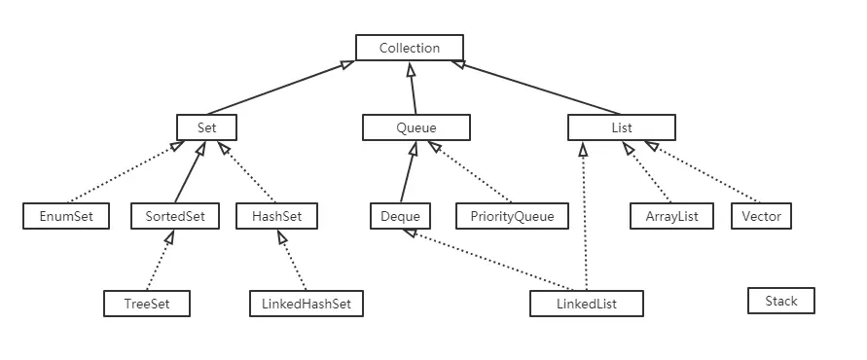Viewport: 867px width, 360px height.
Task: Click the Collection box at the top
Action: click(x=409, y=48)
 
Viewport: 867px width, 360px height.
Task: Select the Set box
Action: click(x=206, y=127)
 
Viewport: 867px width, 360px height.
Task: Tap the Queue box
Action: click(x=415, y=127)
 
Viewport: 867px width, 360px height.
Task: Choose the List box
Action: click(x=621, y=127)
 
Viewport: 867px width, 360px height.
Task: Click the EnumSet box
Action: click(x=66, y=216)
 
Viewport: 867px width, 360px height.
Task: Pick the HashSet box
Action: click(x=276, y=216)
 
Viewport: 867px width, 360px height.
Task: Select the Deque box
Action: click(x=400, y=216)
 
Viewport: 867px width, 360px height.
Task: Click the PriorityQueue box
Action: click(x=512, y=216)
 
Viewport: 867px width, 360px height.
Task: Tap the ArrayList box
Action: click(x=671, y=216)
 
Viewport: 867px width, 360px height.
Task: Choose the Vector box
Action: click(x=761, y=216)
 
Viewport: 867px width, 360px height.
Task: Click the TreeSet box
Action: click(x=146, y=304)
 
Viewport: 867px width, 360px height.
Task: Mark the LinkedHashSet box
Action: click(x=306, y=304)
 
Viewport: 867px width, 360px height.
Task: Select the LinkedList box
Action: click(x=587, y=304)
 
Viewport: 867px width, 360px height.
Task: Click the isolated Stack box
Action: click(x=780, y=301)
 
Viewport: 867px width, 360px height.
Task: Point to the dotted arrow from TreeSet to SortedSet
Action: click(x=159, y=260)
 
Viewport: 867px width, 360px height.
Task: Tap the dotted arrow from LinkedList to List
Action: click(x=584, y=219)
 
